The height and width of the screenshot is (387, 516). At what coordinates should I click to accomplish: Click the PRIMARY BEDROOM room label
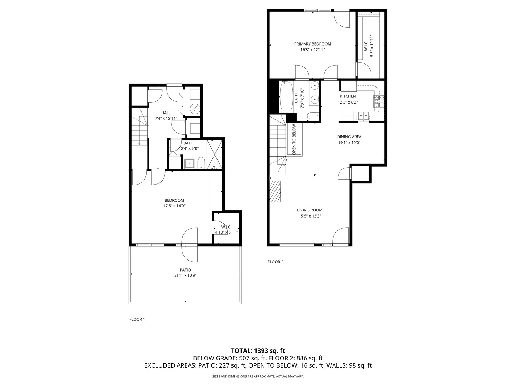312,44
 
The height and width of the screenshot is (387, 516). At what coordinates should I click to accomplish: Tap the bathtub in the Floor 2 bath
286,96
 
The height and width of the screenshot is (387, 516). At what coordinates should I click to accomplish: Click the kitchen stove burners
379,101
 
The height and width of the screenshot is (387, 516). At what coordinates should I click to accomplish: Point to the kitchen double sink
363,115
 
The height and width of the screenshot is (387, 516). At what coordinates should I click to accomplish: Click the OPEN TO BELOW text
294,139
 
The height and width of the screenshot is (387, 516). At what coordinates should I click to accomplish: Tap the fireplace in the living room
276,192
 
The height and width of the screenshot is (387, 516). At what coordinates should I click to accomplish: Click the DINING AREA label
349,137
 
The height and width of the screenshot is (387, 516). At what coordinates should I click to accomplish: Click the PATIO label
185,270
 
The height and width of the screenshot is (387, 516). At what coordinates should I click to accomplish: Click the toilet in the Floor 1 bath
201,163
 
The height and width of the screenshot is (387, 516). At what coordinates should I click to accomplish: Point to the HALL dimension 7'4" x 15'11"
166,118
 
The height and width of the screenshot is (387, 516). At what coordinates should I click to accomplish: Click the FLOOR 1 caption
137,319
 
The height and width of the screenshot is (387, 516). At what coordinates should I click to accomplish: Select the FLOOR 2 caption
275,262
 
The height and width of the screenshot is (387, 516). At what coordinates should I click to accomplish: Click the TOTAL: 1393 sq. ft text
258,350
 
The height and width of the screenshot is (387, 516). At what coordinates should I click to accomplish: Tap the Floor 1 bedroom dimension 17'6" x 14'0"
174,206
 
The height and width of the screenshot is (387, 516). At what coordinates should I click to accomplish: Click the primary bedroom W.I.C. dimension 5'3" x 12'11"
372,46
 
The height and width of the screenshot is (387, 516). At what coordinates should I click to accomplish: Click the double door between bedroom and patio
190,245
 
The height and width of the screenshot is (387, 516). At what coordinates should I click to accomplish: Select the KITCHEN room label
348,96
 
